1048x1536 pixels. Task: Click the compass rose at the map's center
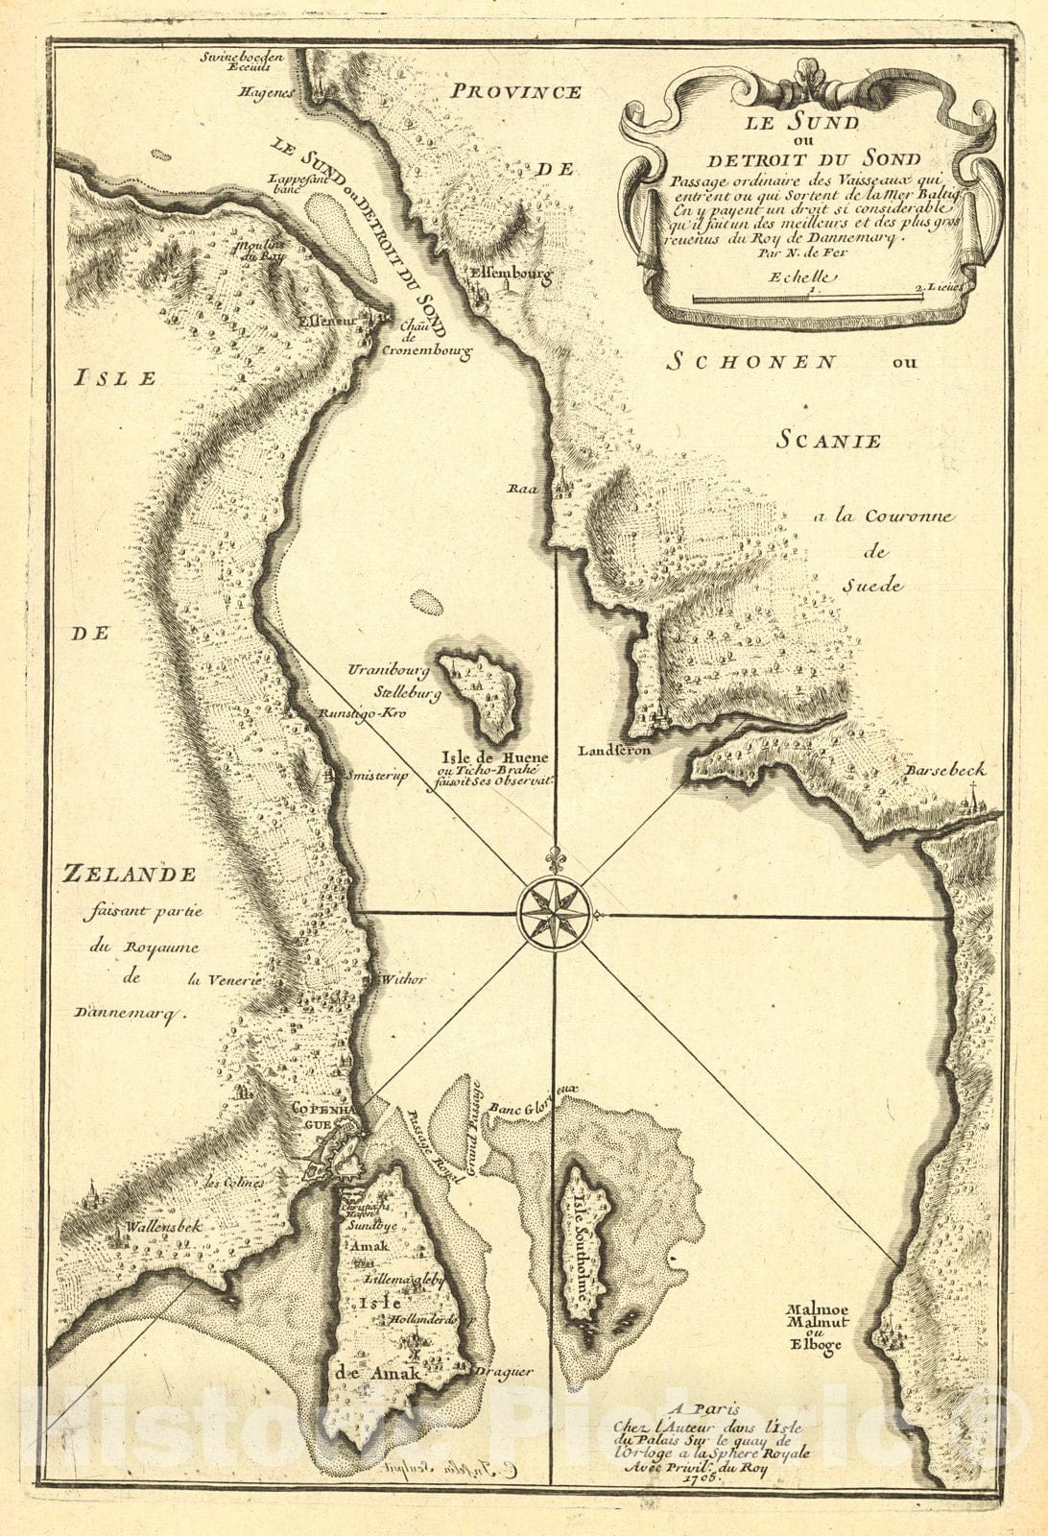[554, 914]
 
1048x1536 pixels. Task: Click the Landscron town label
[614, 750]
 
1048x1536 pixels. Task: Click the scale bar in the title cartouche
[807, 299]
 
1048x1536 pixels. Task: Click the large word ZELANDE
[129, 874]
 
